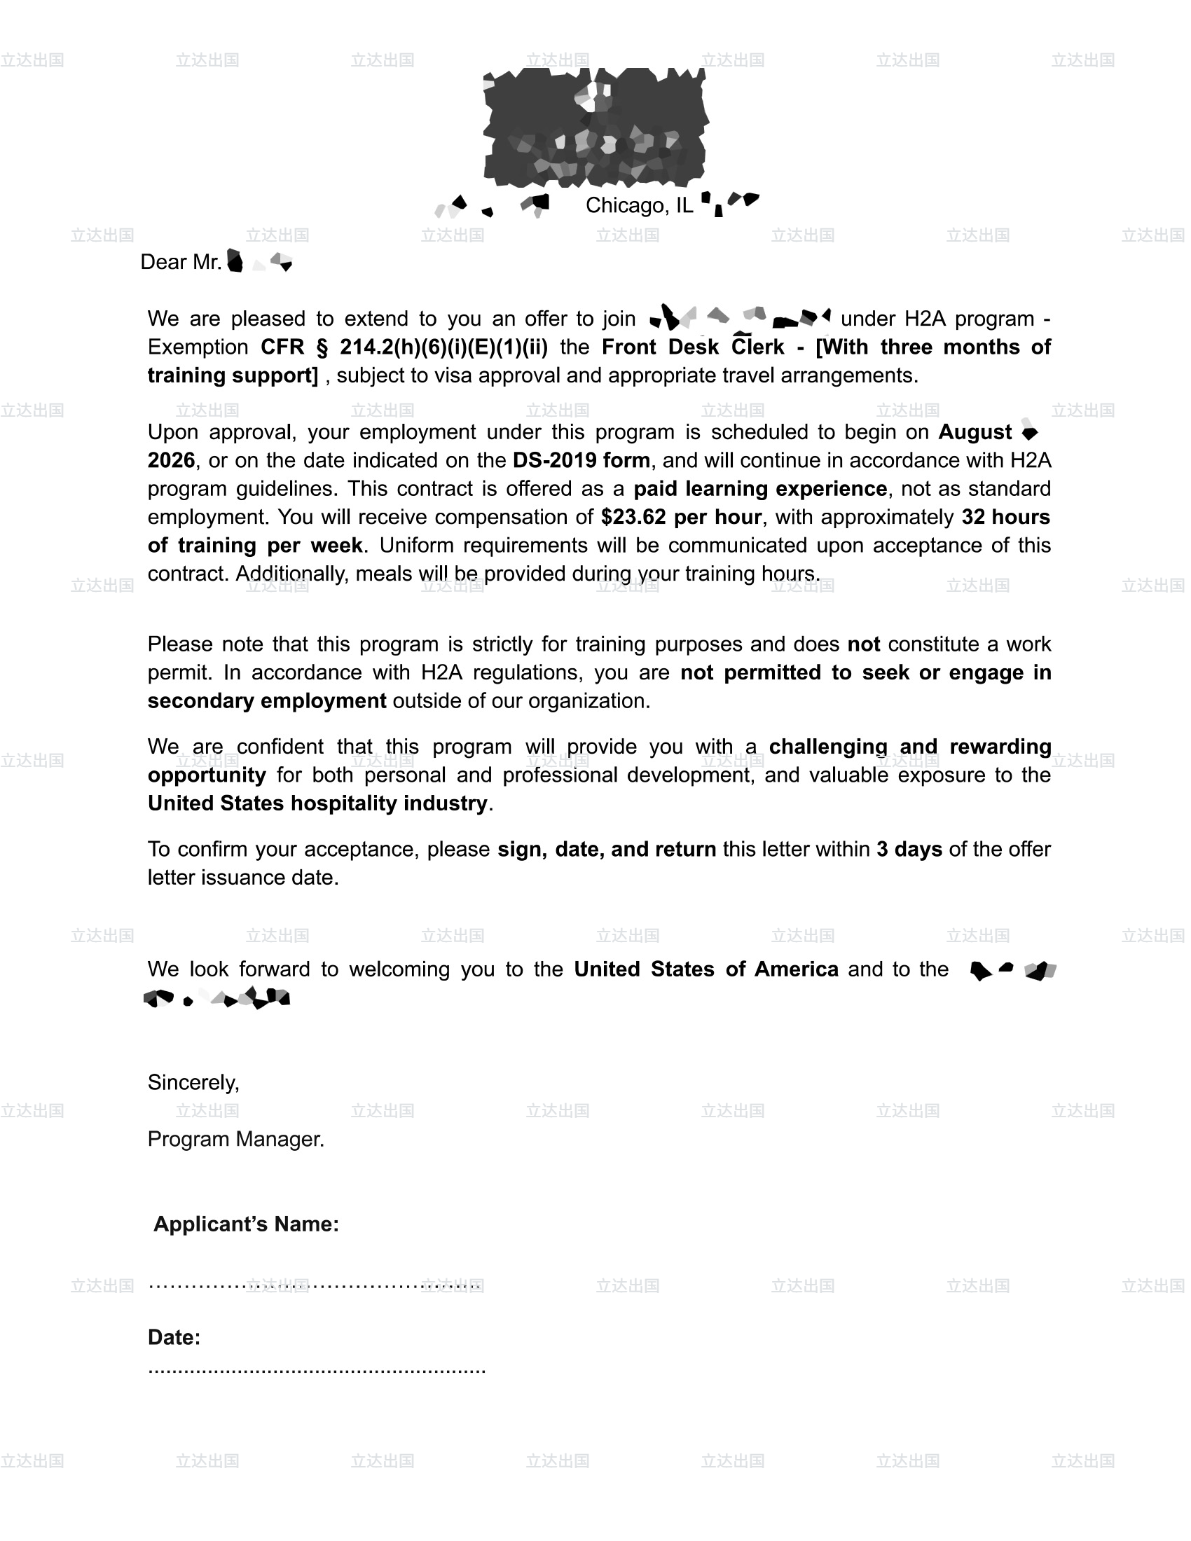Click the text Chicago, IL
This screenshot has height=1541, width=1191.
pos(638,205)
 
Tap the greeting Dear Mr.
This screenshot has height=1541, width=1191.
pos(181,263)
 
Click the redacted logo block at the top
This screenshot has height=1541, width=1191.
pos(595,127)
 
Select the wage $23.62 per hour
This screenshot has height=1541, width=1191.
pos(681,517)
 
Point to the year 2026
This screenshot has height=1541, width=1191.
pos(171,461)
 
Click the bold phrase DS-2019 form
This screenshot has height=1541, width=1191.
pos(581,461)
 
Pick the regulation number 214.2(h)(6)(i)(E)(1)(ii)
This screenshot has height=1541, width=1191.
pos(443,347)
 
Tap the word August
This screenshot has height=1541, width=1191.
pos(975,432)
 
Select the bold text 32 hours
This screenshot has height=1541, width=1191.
pos(1005,517)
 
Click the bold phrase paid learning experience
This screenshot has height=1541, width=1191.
pos(760,489)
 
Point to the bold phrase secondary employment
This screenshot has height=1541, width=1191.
pos(267,701)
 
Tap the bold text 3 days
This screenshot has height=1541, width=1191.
pos(909,850)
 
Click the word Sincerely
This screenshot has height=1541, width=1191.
pos(193,1083)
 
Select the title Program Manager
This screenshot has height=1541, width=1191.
pos(235,1140)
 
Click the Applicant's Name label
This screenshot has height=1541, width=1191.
pos(246,1224)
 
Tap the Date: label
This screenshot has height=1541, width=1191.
pos(174,1338)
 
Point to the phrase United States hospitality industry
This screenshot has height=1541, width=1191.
pos(317,803)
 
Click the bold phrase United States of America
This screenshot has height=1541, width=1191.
pos(705,969)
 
